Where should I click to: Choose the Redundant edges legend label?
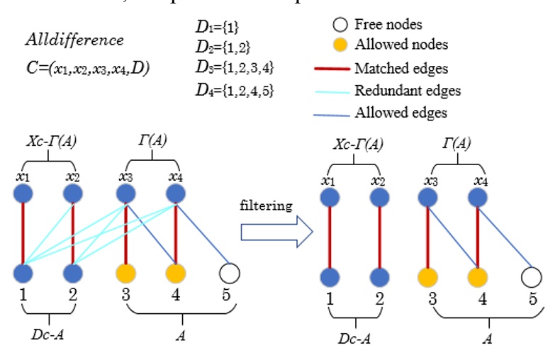[408, 91]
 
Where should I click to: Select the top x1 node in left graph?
[23, 193]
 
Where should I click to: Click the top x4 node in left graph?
[176, 193]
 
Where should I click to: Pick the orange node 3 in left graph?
[125, 272]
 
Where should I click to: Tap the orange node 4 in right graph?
[478, 276]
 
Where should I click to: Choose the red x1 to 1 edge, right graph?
[329, 237]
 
